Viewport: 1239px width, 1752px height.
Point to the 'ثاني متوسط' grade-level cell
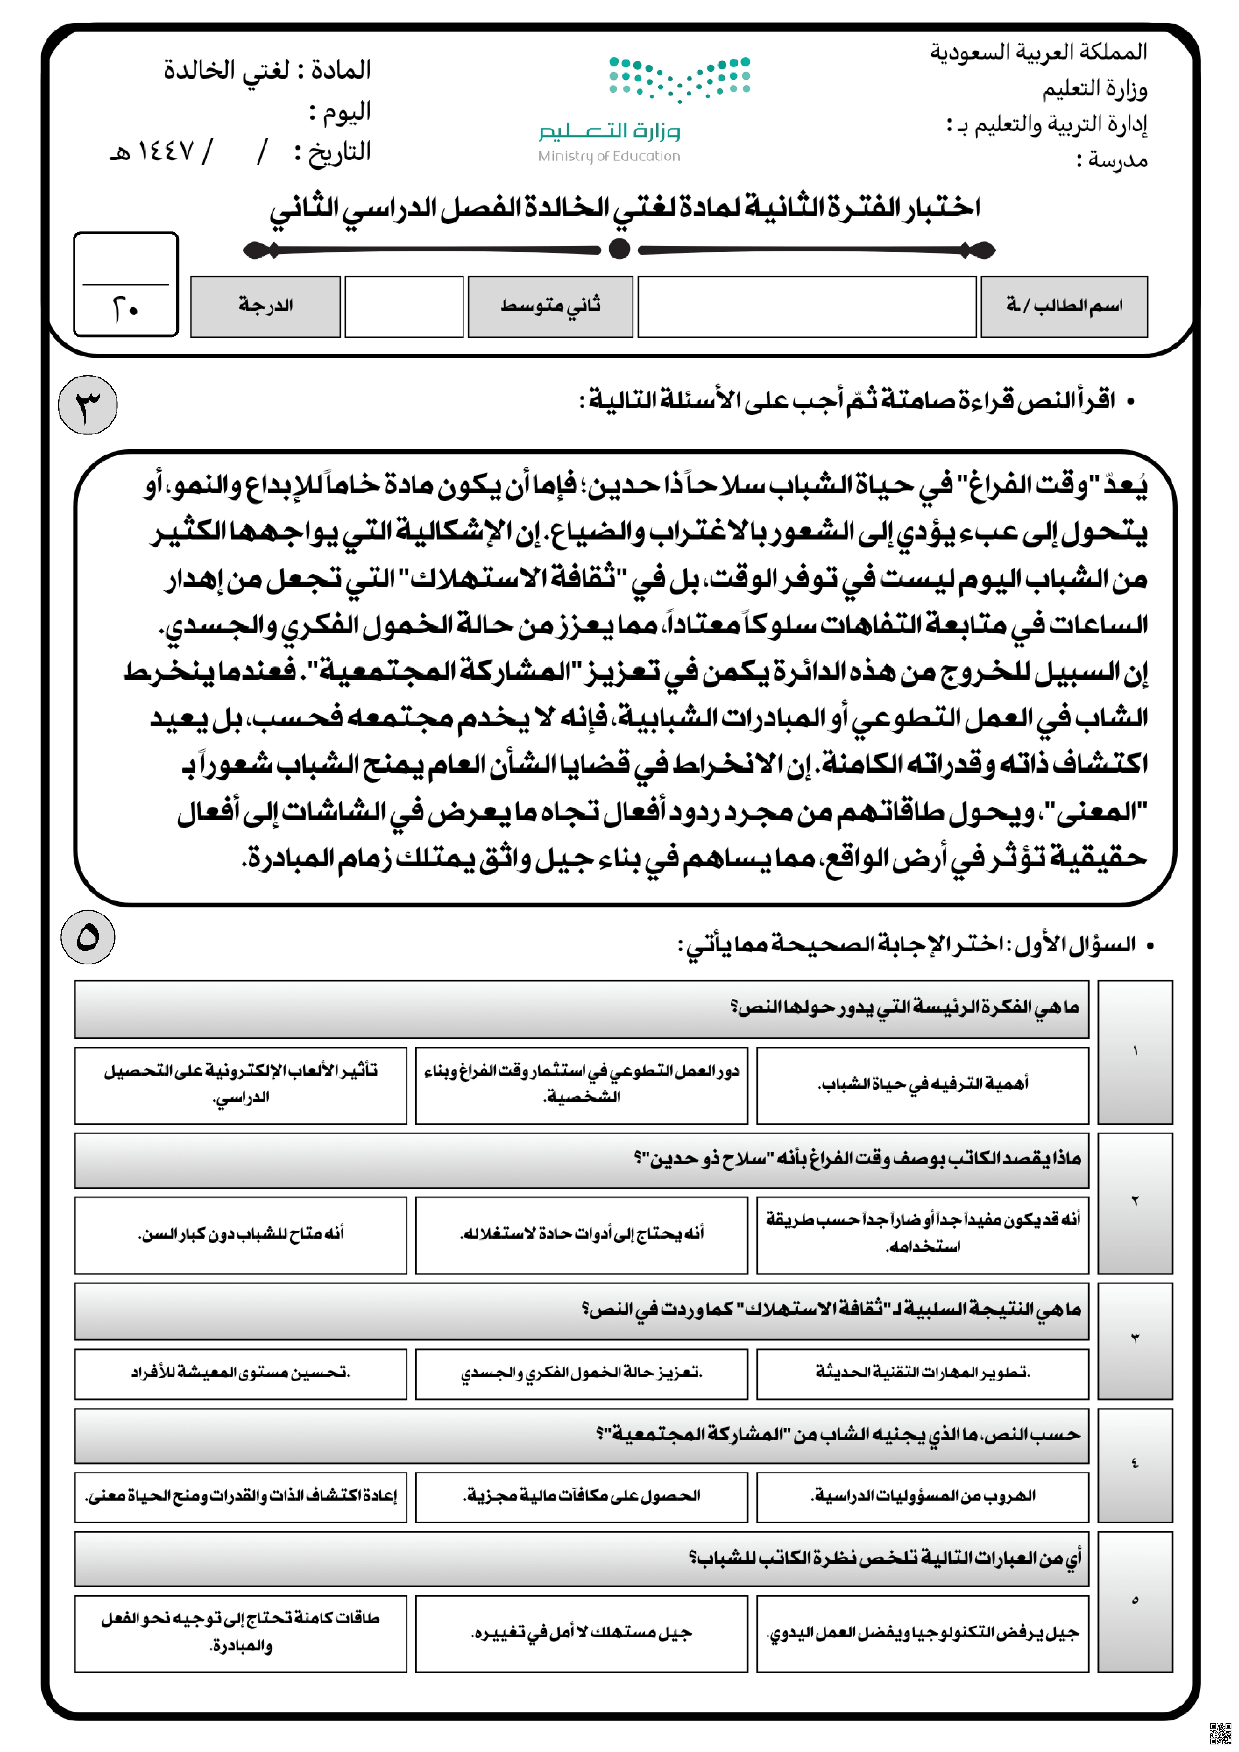[x=550, y=306]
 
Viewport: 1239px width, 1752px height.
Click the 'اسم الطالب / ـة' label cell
[x=1063, y=306]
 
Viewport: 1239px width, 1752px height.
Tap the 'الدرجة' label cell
[x=265, y=306]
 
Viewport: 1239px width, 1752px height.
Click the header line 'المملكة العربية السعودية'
[x=1038, y=52]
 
